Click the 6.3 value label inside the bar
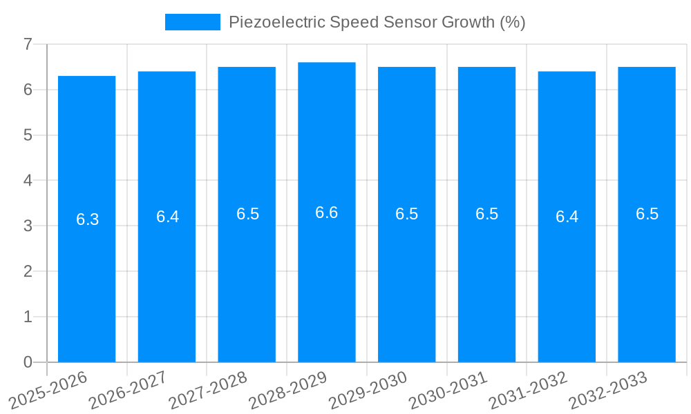[87, 219]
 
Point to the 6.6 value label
[326, 213]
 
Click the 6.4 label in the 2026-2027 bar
[167, 217]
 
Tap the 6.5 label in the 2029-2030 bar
[406, 214]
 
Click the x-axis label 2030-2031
[448, 390]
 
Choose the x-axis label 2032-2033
[608, 390]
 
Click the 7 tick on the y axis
[28, 44]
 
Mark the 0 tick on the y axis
[28, 362]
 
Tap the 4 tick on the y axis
[28, 181]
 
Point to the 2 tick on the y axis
[28, 271]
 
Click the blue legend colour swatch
[192, 22]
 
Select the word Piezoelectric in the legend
[276, 22]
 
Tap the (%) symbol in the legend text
[512, 22]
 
